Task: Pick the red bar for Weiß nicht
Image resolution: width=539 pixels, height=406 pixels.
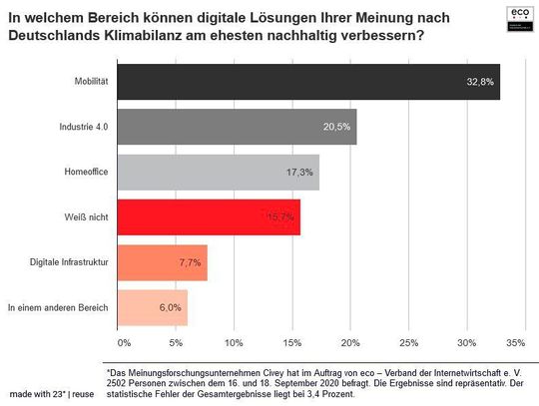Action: (209, 216)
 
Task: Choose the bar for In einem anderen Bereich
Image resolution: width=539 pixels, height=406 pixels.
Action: (152, 307)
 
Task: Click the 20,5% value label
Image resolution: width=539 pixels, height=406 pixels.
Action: (336, 127)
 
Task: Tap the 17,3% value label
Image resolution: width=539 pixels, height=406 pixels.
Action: (299, 172)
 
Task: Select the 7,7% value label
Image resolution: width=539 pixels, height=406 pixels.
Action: (189, 262)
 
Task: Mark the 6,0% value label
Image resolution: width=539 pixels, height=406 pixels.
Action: (169, 307)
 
